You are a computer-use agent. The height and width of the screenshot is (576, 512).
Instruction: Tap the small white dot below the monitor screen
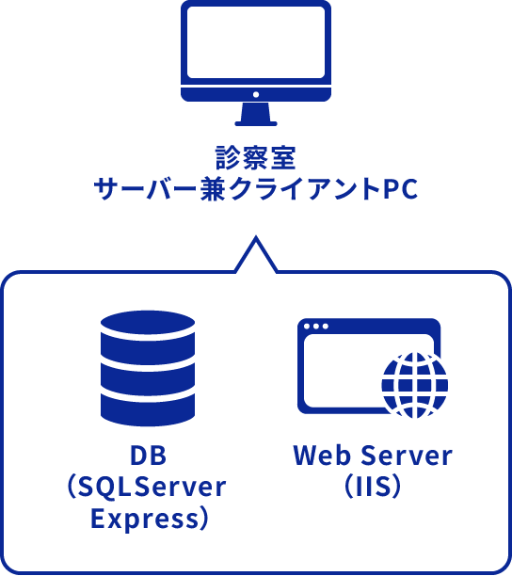(256, 95)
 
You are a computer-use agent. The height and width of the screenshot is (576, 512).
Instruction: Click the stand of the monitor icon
(256, 115)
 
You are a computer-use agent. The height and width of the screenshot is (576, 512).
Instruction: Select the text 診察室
(256, 158)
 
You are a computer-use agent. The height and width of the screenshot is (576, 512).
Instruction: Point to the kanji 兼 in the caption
(213, 189)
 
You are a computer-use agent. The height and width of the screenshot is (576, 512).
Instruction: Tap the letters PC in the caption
(400, 189)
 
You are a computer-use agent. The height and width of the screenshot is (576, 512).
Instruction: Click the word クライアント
(305, 189)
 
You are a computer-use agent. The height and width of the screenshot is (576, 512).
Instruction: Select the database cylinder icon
(148, 368)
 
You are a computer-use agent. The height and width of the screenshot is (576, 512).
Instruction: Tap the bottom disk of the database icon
(148, 410)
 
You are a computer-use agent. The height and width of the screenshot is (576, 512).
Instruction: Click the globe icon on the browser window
(415, 385)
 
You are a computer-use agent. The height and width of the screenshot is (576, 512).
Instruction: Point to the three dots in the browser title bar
(316, 327)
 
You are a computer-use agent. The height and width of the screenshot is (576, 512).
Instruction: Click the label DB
(149, 456)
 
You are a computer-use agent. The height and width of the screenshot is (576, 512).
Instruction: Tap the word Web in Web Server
(322, 456)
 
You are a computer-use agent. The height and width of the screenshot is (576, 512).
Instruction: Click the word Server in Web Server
(407, 456)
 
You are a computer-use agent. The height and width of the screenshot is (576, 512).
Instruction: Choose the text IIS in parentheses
(373, 487)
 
